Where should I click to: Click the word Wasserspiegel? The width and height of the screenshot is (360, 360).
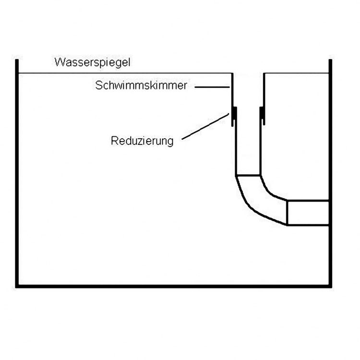[93, 62]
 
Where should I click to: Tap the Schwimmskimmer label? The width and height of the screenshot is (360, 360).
[141, 85]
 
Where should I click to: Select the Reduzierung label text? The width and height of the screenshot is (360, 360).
[142, 141]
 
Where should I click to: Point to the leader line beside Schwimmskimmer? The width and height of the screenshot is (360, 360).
[212, 87]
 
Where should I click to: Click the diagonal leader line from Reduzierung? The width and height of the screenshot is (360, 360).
[205, 126]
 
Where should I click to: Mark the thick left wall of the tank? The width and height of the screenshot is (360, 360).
[17, 173]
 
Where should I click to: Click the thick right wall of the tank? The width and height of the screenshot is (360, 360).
[330, 173]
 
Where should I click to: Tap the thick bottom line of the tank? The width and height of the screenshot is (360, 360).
[174, 286]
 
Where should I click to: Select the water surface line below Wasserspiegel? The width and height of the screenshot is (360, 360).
[125, 73]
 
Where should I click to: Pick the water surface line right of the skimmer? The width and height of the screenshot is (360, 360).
[297, 73]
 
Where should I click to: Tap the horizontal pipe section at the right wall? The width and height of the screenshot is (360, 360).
[308, 213]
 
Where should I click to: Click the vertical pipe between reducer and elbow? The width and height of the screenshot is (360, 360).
[248, 149]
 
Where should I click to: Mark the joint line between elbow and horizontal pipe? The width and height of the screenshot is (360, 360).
[287, 213]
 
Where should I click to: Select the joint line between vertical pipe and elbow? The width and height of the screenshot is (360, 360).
[248, 176]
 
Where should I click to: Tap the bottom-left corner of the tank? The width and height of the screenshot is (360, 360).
[17, 286]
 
